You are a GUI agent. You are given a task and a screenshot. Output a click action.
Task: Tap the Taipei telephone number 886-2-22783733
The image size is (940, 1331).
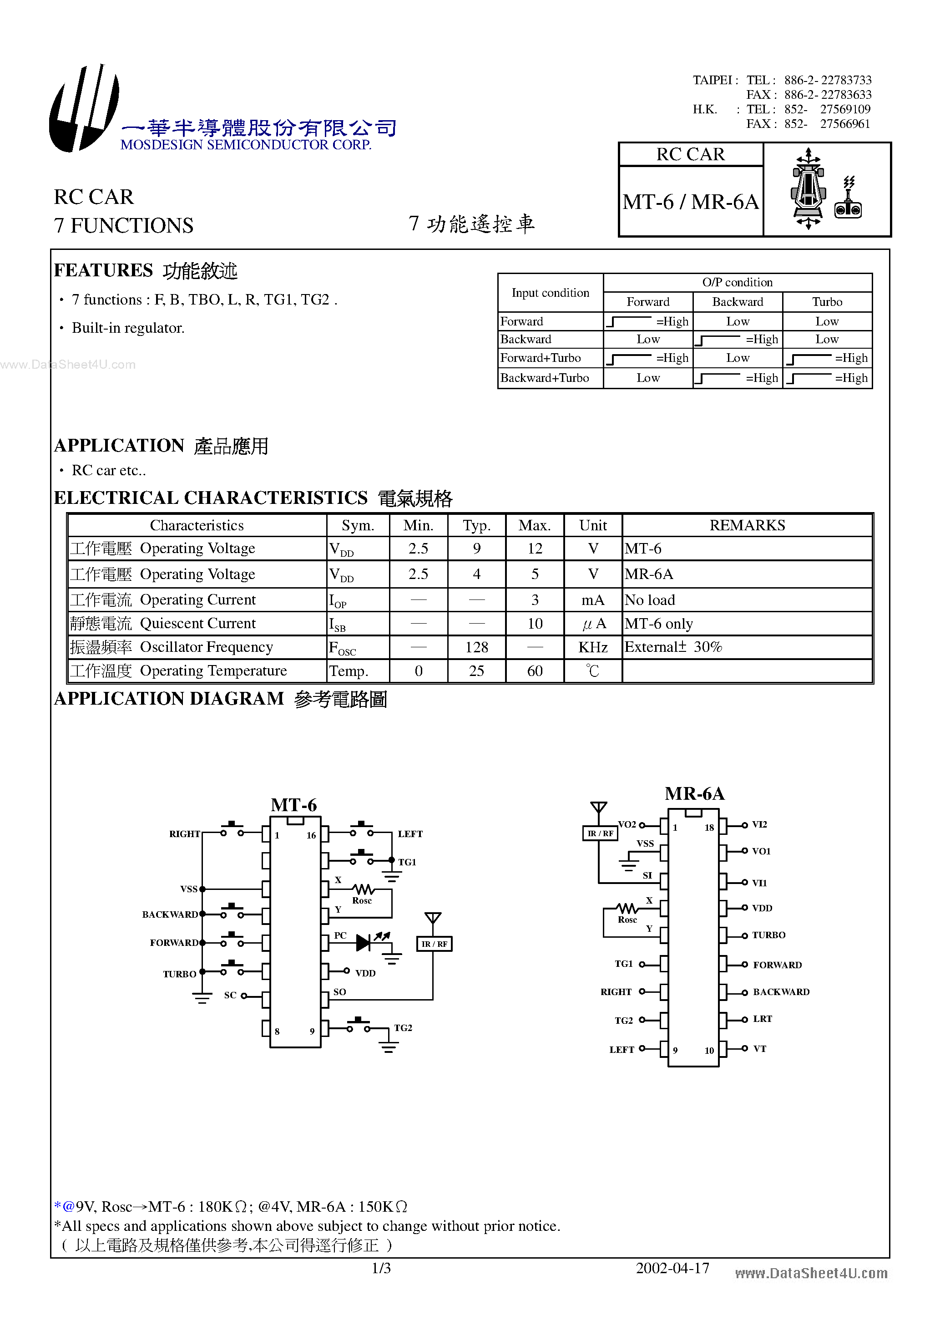click(x=827, y=80)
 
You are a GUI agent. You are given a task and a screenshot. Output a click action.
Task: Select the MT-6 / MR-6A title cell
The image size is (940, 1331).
click(x=690, y=202)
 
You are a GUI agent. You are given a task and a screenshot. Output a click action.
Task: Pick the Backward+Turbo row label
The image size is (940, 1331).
click(x=544, y=378)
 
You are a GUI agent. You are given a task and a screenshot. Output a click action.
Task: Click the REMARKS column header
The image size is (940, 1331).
click(x=747, y=525)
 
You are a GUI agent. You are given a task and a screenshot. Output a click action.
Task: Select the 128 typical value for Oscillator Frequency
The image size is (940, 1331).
click(x=476, y=647)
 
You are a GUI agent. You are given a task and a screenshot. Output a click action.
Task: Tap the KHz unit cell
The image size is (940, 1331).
click(x=592, y=647)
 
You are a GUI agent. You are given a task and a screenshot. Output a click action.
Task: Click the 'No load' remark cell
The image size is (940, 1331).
click(x=650, y=600)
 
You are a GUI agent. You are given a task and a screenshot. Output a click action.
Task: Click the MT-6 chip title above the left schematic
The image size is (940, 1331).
click(x=294, y=805)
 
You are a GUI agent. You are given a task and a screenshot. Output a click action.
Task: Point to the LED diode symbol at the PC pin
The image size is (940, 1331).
click(x=364, y=943)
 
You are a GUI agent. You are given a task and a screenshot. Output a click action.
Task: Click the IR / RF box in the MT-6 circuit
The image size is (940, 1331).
click(x=434, y=944)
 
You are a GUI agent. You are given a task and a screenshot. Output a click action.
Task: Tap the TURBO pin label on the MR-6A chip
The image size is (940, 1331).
click(x=768, y=935)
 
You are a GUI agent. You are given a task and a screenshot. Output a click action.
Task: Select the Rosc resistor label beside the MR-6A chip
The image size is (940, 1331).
click(x=627, y=920)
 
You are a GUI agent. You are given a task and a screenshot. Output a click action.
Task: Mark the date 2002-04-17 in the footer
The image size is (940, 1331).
click(x=672, y=1268)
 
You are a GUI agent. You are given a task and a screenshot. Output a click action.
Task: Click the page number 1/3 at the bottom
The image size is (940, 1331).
click(x=381, y=1268)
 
